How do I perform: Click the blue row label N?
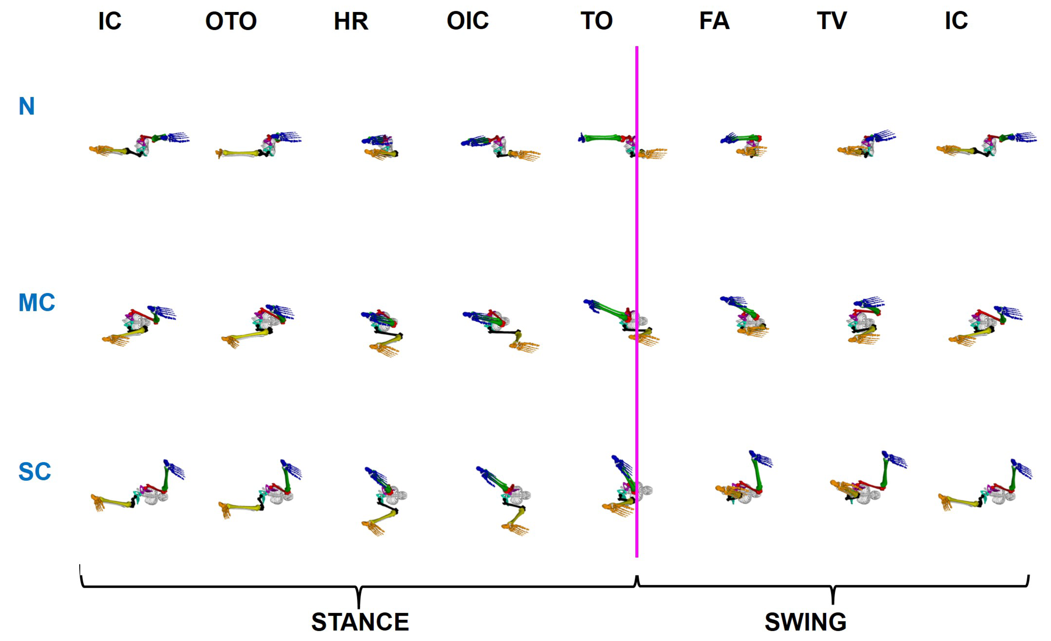click(26, 106)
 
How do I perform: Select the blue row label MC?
click(37, 303)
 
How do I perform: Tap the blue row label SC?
click(35, 472)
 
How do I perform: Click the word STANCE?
click(360, 622)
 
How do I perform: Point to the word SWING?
click(805, 622)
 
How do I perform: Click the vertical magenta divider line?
click(636, 298)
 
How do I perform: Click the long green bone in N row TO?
click(602, 138)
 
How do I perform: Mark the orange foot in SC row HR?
click(373, 528)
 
